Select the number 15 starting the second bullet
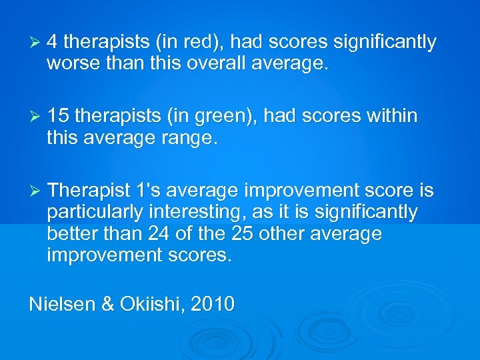(58, 116)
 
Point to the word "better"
(70, 234)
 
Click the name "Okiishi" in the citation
(151, 304)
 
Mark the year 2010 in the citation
(213, 304)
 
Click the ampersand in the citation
(107, 304)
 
